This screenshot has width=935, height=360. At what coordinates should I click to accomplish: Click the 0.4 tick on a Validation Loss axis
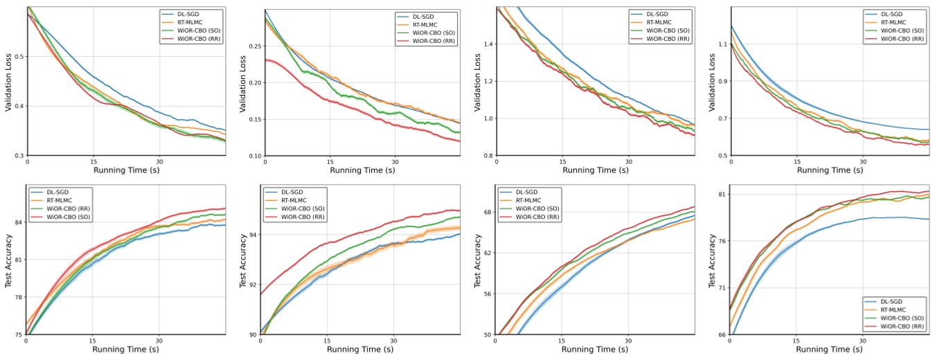pyautogui.click(x=19, y=106)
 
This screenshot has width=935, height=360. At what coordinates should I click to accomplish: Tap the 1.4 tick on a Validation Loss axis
pyautogui.click(x=488, y=44)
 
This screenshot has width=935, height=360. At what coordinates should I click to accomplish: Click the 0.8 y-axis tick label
pyautogui.click(x=488, y=156)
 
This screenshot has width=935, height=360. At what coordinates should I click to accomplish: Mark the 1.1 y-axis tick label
pyautogui.click(x=722, y=44)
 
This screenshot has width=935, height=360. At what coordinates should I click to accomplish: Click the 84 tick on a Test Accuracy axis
pyautogui.click(x=17, y=222)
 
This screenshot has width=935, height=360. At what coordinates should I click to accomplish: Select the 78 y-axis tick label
pyautogui.click(x=17, y=298)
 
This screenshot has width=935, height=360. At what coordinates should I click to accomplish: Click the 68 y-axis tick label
pyautogui.click(x=488, y=212)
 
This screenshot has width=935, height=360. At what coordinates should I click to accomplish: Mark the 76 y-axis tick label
pyautogui.click(x=721, y=241)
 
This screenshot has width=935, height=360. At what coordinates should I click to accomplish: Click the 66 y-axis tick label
pyautogui.click(x=721, y=335)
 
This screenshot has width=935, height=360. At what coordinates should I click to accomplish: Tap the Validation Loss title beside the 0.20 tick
pyautogui.click(x=243, y=82)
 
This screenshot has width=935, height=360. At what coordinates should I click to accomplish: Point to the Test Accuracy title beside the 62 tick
pyautogui.click(x=477, y=260)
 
